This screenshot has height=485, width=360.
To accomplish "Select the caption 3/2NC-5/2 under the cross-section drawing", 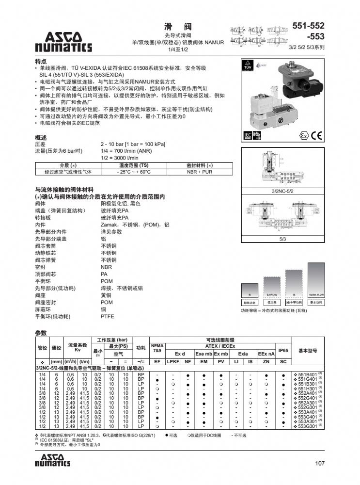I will pos(283,192).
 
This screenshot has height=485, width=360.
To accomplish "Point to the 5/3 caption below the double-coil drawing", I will pos(283,239).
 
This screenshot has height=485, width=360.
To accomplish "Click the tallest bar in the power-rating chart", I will pos(316,278).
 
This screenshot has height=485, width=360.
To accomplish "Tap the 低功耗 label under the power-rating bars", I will pos(271,302).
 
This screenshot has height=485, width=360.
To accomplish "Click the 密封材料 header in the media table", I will pos(199,165).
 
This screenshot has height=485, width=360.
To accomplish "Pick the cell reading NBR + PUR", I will pos(199,172).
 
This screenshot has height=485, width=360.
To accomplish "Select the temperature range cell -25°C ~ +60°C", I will pos(134,172).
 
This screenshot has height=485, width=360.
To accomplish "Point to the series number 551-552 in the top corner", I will pos(308,26).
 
